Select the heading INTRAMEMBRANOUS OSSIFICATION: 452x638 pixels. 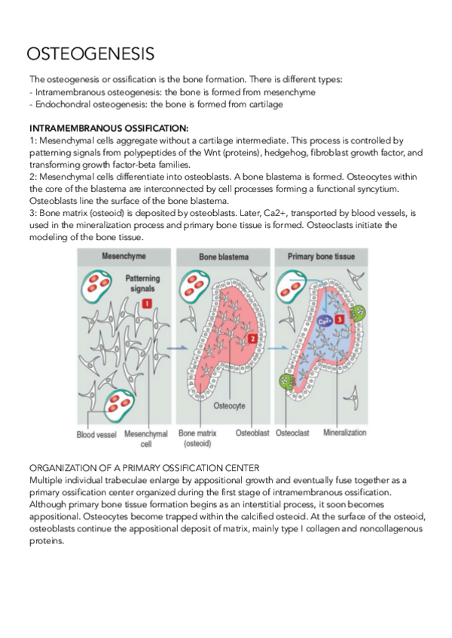(x=108, y=129)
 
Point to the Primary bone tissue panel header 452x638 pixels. (x=321, y=257)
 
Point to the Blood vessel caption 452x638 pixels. (x=96, y=434)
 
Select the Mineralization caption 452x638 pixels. (x=345, y=433)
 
